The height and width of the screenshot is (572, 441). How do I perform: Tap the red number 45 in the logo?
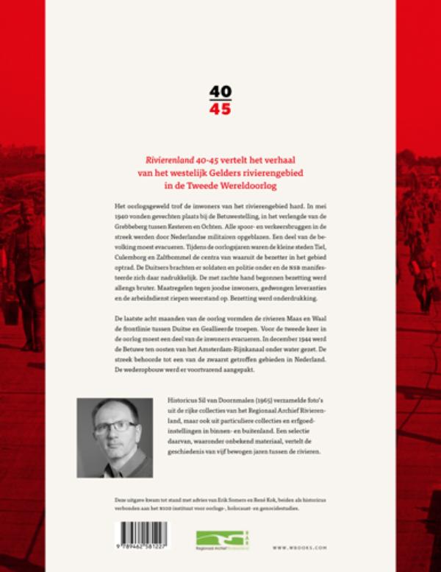[220, 110]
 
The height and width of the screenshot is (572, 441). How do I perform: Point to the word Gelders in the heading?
[250, 174]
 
